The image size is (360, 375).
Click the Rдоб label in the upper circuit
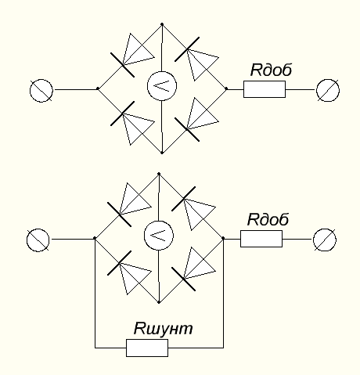pos(271,70)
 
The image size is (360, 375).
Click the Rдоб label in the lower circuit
pos(268,219)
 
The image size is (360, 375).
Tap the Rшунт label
pos(163,328)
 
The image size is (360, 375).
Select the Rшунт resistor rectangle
pos(147,348)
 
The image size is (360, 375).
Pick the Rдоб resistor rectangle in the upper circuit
pos(265,89)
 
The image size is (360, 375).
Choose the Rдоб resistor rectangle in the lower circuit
pos(261,239)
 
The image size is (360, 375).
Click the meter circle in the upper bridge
pos(162,86)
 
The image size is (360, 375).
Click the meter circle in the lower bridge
pos(159,235)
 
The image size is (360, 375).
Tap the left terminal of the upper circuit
pos(41,91)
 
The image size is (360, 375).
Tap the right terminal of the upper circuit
pos(328,91)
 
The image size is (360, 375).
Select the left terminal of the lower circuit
pos(38,240)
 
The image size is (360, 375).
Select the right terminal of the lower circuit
pos(325,240)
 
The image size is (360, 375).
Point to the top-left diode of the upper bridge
pos(133,55)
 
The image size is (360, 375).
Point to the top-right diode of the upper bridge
pos(196,59)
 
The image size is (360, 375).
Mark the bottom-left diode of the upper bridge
pos(132,123)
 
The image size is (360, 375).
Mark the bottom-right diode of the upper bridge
pos(196,120)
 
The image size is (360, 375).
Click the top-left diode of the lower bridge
pos(130,204)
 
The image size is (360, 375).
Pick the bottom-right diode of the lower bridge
pos(193,269)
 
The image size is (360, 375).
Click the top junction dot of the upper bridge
pos(162,24)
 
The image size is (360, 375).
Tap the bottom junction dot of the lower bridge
pos(159,302)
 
